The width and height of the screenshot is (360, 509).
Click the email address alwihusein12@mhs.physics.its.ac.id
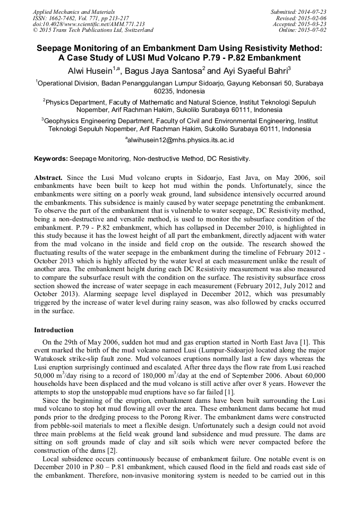pyautogui.click(x=181, y=140)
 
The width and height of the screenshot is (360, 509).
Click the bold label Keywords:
pyautogui.click(x=50, y=159)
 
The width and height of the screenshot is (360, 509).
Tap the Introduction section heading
pyautogui.click(x=54, y=330)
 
